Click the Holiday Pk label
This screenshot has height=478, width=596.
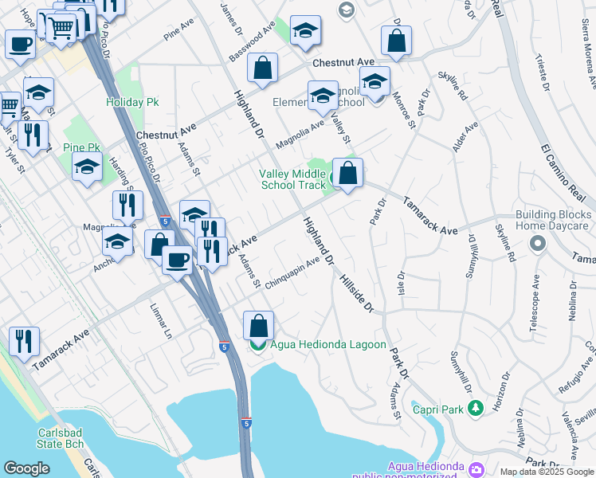[x=132, y=102]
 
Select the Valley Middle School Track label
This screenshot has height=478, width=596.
[x=292, y=179]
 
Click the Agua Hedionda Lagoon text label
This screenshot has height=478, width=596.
[x=328, y=345]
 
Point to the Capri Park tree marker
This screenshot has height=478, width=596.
[x=476, y=409]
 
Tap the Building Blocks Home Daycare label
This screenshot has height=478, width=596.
[x=555, y=220]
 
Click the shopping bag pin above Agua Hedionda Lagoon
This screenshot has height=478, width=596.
[x=258, y=325]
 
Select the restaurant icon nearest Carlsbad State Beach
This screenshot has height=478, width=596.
[x=25, y=341]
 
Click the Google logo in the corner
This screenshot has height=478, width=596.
[x=26, y=468]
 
